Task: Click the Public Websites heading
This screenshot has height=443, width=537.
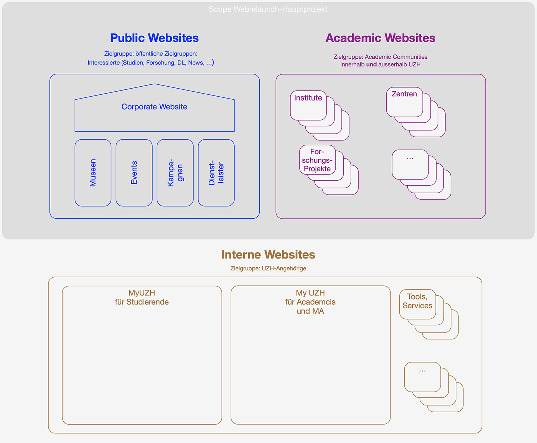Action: (x=154, y=38)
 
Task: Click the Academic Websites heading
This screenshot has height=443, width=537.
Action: (x=380, y=38)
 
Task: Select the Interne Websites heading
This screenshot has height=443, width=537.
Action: (x=268, y=255)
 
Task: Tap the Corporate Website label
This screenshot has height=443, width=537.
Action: (x=154, y=107)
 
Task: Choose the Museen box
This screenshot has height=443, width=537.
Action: (x=93, y=173)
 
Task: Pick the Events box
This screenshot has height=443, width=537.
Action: (x=134, y=173)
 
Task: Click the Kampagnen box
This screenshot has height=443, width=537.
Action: (x=175, y=173)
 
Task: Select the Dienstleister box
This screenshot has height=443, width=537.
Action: (x=216, y=173)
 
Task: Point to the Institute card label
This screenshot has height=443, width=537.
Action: (x=308, y=98)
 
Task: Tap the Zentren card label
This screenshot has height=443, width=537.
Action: (x=404, y=94)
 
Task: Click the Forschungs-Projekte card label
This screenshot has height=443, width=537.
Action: (x=317, y=160)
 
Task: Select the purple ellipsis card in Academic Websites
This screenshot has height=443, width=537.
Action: (x=410, y=164)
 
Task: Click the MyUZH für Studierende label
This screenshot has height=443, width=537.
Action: (x=142, y=298)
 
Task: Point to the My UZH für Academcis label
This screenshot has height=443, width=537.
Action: (x=310, y=302)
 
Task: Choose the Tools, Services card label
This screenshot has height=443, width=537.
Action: (x=417, y=301)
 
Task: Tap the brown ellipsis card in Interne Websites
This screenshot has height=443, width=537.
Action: (x=422, y=377)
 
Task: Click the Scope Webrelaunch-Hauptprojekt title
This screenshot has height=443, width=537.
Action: (x=268, y=9)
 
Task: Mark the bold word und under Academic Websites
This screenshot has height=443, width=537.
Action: (x=371, y=64)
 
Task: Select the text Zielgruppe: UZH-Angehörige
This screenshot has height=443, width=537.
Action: (x=268, y=268)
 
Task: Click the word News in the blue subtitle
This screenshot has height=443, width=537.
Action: (x=196, y=63)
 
